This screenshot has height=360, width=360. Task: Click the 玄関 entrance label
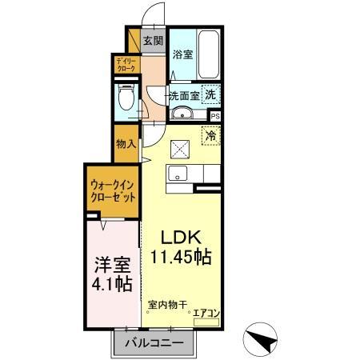[154, 41]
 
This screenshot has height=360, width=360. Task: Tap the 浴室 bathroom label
[182, 54]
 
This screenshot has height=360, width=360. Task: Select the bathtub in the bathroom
[209, 54]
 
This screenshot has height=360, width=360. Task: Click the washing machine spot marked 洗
[210, 94]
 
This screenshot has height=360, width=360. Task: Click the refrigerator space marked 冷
[211, 136]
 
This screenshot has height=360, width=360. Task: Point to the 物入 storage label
[126, 144]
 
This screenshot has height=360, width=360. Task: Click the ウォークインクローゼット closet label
[112, 190]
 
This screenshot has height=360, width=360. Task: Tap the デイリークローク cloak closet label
[126, 65]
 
